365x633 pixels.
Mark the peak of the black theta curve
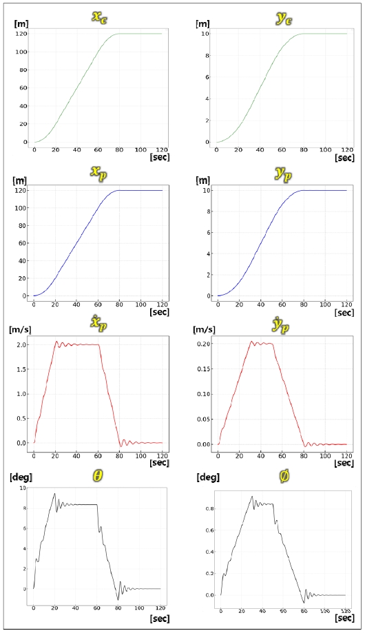pos(54,493)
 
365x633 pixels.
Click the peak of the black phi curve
pos(252,496)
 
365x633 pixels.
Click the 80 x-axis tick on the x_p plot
pos(118,304)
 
